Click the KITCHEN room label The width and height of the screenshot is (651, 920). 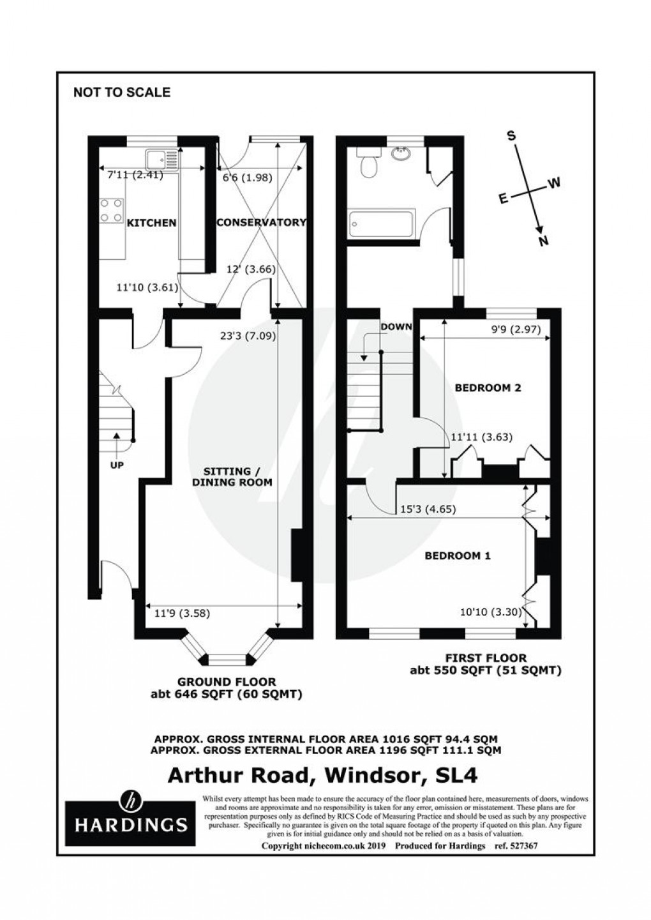151,223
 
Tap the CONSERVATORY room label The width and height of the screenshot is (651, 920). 261,223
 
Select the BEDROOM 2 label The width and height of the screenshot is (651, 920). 483,388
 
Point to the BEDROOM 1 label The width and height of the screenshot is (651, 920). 458,555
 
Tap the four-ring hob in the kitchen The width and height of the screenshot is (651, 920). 111,211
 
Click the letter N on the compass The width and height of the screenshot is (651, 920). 544,241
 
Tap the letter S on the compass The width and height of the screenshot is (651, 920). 511,135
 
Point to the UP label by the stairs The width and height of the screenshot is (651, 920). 117,465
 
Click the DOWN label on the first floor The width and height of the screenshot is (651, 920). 396,327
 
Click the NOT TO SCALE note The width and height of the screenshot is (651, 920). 122,93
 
